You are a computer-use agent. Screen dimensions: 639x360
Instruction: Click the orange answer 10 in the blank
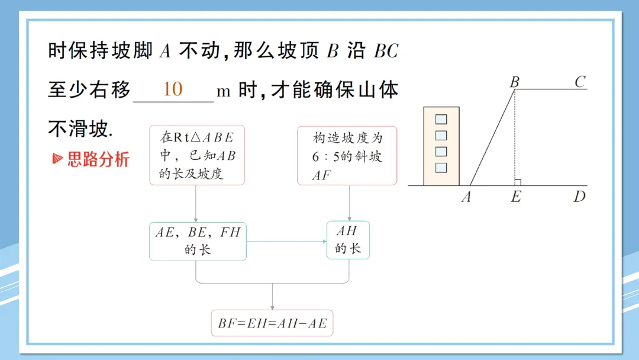[173, 89]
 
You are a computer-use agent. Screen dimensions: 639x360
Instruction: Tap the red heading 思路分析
[98, 159]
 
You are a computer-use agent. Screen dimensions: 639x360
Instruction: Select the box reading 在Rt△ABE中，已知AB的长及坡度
[197, 155]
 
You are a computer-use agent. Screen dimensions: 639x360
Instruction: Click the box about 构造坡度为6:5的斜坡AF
[347, 155]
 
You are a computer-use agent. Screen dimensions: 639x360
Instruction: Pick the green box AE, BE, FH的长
[198, 241]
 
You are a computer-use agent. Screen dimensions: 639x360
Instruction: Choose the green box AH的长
[348, 240]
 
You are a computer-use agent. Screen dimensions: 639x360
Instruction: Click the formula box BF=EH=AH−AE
[272, 323]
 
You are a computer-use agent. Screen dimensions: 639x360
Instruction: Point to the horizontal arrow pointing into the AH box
[287, 242]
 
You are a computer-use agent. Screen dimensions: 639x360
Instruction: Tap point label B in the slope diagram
[515, 82]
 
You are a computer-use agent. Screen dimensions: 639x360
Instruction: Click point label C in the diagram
[580, 82]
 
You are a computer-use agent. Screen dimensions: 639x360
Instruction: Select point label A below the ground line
[466, 197]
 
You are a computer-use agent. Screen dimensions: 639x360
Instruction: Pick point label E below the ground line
[516, 197]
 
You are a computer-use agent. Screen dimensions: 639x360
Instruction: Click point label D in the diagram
[579, 197]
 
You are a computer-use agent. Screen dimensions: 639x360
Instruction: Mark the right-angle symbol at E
[518, 182]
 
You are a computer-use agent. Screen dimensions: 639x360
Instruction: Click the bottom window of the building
[441, 168]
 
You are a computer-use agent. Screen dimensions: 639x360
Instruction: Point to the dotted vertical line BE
[515, 136]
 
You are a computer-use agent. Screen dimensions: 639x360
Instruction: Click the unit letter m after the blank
[223, 91]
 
